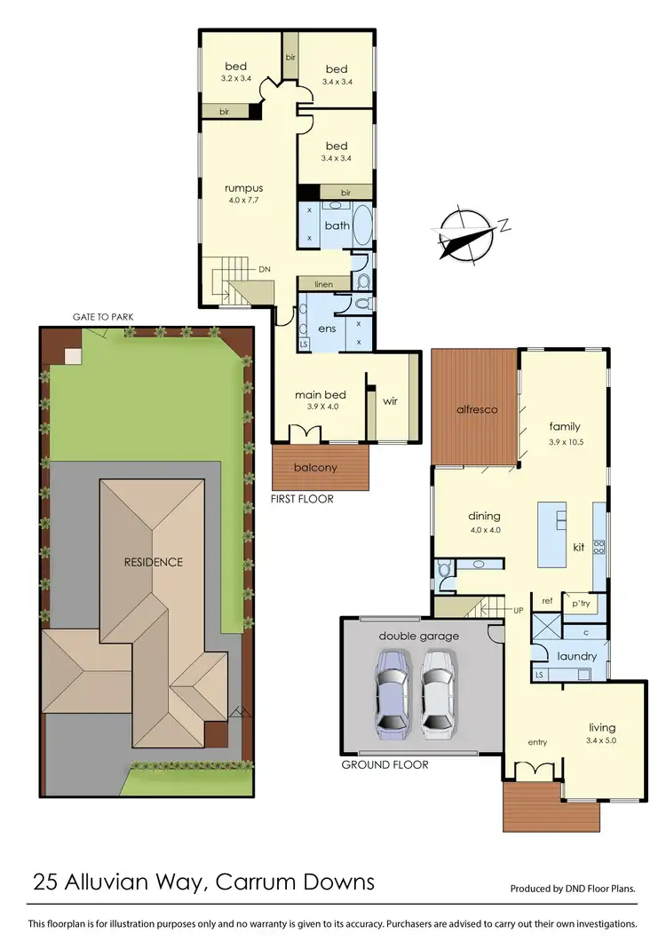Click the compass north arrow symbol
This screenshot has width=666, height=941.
pyautogui.click(x=465, y=235)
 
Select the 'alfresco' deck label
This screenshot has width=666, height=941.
pyautogui.click(x=475, y=409)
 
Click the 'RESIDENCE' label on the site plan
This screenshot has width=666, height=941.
pyautogui.click(x=153, y=562)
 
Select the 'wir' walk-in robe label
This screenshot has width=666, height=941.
pyautogui.click(x=390, y=401)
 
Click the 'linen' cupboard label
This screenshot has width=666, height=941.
pyautogui.click(x=323, y=283)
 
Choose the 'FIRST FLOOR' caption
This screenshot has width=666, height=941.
pyautogui.click(x=302, y=499)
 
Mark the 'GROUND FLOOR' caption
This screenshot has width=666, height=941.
pyautogui.click(x=385, y=764)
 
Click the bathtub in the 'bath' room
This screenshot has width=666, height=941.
pyautogui.click(x=366, y=225)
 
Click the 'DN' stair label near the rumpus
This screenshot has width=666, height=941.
pyautogui.click(x=264, y=269)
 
